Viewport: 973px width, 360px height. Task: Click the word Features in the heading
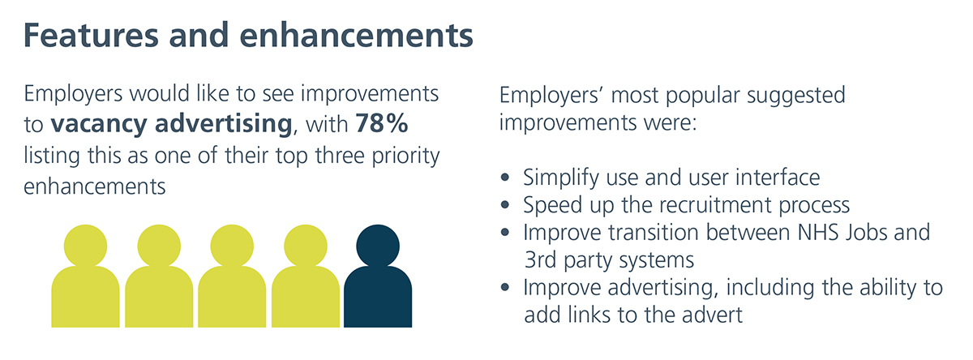(x=91, y=35)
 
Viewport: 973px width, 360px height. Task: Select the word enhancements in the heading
(x=356, y=35)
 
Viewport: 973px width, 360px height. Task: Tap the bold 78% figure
(x=382, y=123)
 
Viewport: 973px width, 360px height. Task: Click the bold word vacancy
(x=99, y=125)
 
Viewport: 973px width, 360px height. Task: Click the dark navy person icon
(x=378, y=276)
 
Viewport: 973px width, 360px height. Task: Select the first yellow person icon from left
(x=85, y=276)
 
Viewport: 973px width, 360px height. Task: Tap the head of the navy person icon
(x=378, y=246)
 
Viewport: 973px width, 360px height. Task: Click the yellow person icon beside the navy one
(x=306, y=276)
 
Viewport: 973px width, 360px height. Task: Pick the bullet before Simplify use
(x=504, y=178)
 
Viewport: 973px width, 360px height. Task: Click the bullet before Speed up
(x=504, y=204)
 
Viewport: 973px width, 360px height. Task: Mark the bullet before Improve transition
(x=504, y=233)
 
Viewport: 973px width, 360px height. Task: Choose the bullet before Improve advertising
(x=504, y=287)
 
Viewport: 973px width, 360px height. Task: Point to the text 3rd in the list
(x=540, y=260)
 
